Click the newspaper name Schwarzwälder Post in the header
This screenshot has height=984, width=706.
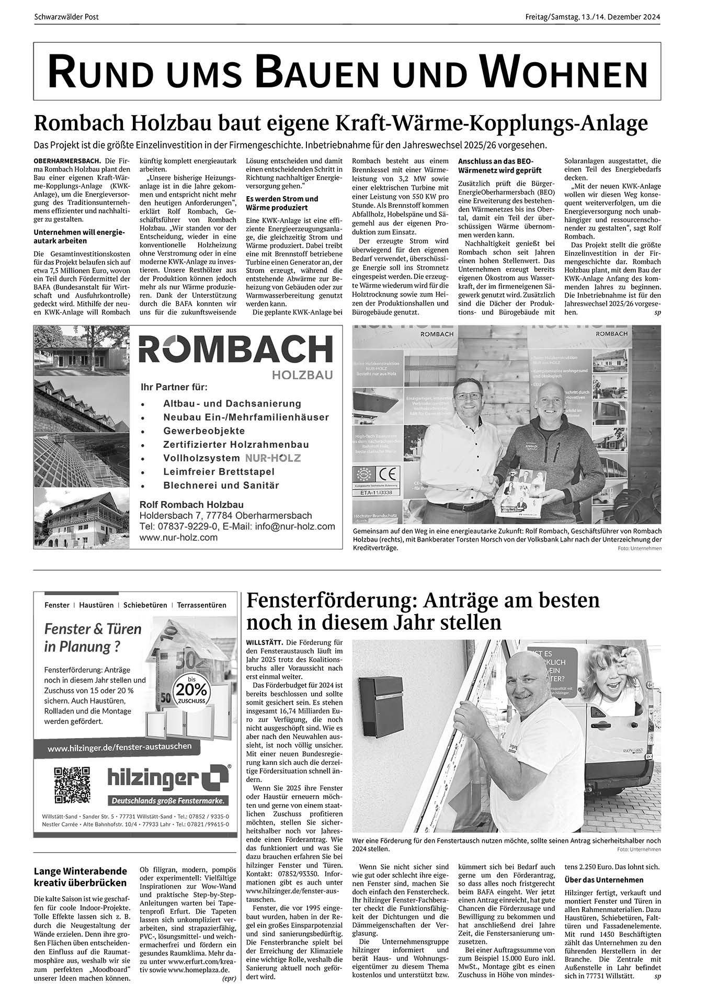pyautogui.click(x=66, y=17)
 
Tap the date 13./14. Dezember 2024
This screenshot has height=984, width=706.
pyautogui.click(x=620, y=17)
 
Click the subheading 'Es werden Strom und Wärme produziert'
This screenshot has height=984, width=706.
pyautogui.click(x=282, y=203)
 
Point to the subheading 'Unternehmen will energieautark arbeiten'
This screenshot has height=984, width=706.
pyautogui.click(x=79, y=236)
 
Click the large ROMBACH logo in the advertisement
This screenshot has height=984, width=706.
pyautogui.click(x=235, y=349)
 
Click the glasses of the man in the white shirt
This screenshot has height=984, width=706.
pyautogui.click(x=467, y=396)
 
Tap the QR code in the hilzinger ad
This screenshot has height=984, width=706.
pyautogui.click(x=72, y=785)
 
